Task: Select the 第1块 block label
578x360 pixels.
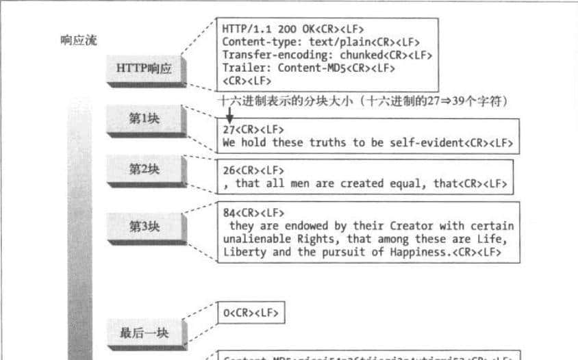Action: pyautogui.click(x=144, y=118)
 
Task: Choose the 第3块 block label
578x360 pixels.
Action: pyautogui.click(x=144, y=226)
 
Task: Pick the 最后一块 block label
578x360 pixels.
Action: pyautogui.click(x=144, y=333)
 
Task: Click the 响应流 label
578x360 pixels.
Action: pyautogui.click(x=79, y=40)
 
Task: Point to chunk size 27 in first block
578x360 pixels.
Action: pyautogui.click(x=229, y=130)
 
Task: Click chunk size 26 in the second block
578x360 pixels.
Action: pyautogui.click(x=229, y=170)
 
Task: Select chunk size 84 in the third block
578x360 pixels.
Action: pyautogui.click(x=229, y=213)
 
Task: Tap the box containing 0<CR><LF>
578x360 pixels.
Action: pyautogui.click(x=250, y=313)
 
